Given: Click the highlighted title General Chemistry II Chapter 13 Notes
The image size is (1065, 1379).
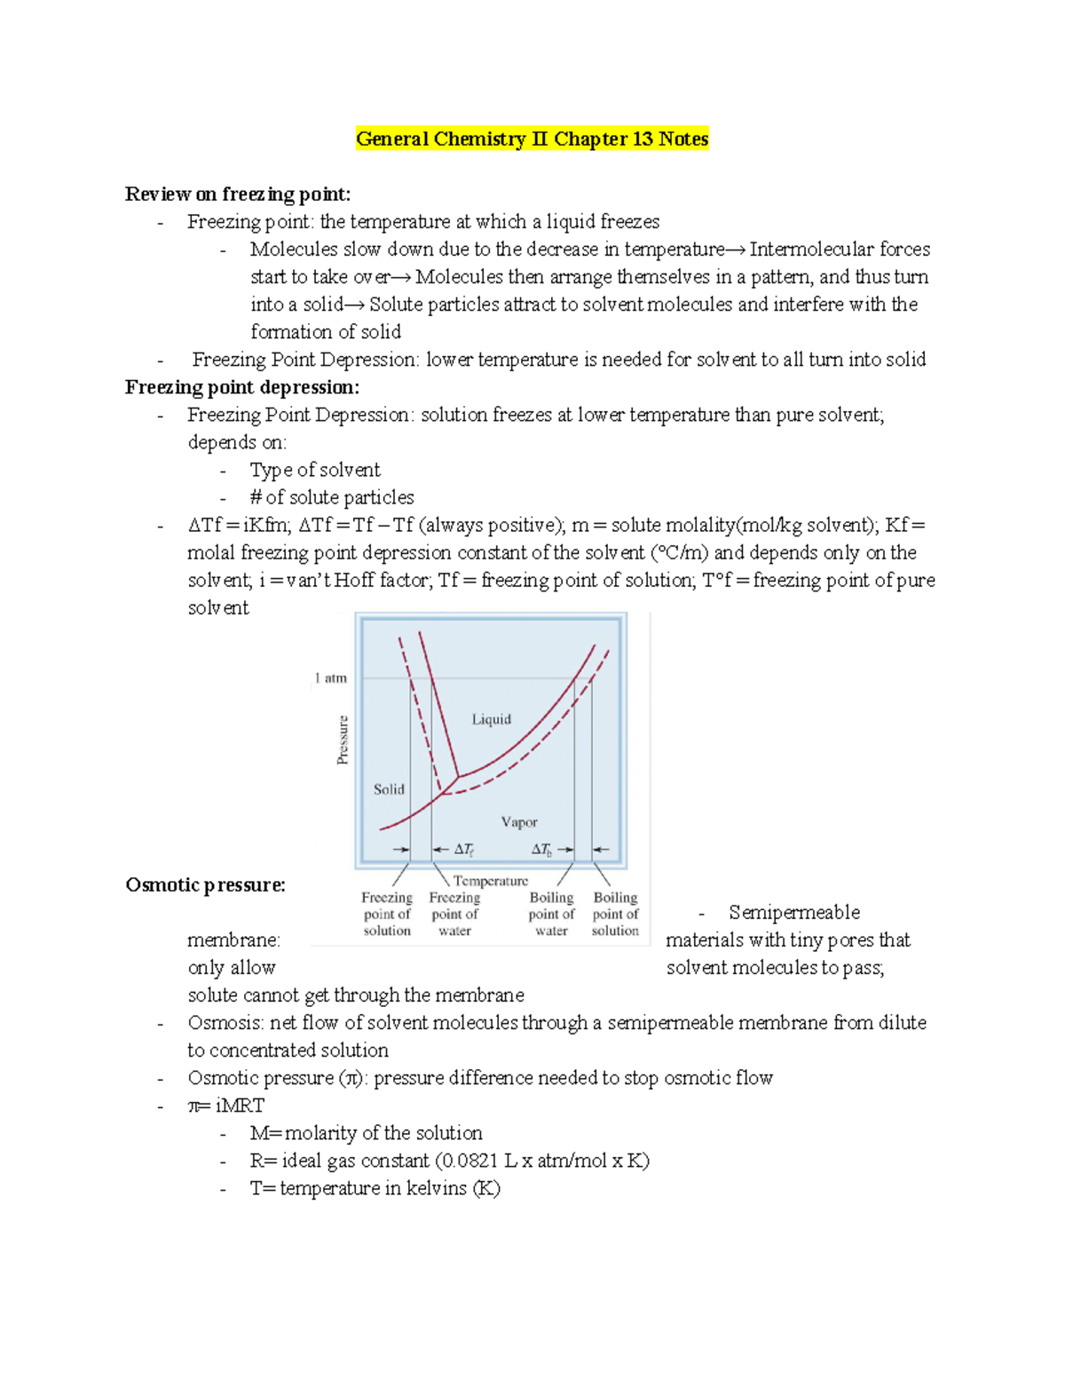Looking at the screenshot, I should point(532,139).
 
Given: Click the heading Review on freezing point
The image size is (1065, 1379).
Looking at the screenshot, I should point(238,194).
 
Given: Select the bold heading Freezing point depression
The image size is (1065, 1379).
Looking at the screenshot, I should point(242,387).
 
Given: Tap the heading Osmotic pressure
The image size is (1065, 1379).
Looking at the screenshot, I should point(205,884).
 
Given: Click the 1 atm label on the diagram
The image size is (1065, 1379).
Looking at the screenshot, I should point(330,678).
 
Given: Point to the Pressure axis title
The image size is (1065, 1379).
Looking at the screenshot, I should point(343,739).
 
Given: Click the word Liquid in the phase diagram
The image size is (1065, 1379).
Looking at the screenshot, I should point(491,719).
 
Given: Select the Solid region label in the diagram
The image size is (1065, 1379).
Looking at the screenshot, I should point(389,789).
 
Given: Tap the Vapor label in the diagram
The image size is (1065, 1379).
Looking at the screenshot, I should point(519,822).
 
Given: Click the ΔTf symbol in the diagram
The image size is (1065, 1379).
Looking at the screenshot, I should point(463,850).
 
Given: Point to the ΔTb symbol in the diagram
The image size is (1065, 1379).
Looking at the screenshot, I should point(541,850).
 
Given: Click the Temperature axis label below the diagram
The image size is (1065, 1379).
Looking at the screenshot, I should point(490,881).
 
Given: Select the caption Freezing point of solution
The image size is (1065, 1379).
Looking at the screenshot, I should point(387,914).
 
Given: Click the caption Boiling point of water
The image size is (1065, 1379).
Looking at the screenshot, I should point(551,914).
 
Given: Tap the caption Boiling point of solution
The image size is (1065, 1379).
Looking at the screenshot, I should point(615,914).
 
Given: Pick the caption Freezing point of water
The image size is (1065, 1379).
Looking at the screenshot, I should point(454,914).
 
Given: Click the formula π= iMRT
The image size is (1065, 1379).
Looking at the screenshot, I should point(226,1106).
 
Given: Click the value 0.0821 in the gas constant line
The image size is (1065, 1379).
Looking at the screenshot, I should point(469,1161).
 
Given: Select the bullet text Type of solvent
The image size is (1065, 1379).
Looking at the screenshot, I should point(315,470).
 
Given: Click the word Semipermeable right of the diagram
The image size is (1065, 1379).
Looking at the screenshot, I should point(794,912).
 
